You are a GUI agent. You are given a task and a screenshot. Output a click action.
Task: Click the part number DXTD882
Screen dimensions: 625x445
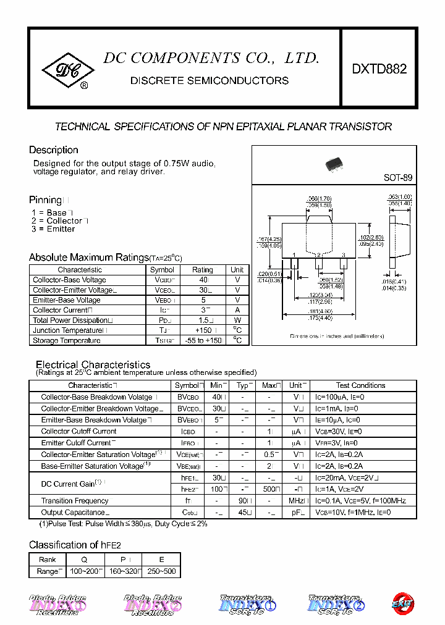379,70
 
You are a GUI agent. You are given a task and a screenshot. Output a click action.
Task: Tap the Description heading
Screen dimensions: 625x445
54,150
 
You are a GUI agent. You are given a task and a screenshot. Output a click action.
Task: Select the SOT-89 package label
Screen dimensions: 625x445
397,177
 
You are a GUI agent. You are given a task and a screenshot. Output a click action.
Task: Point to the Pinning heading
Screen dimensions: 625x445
46,200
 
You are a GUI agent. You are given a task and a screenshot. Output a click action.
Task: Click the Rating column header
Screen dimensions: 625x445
202,270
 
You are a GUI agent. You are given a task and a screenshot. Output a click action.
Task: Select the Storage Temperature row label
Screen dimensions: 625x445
67,340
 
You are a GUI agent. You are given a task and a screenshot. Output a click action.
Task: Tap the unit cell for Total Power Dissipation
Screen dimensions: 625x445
237,321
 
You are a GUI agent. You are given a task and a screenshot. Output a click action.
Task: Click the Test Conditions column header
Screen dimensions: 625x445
360,385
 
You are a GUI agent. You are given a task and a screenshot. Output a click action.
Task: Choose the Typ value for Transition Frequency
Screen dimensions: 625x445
244,501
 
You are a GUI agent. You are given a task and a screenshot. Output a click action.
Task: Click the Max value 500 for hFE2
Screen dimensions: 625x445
269,489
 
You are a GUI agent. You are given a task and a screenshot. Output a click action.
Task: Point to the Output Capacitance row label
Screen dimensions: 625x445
74,513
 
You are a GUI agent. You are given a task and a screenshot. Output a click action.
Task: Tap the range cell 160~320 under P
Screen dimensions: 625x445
123,572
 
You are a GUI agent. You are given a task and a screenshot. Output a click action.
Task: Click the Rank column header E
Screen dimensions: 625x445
162,560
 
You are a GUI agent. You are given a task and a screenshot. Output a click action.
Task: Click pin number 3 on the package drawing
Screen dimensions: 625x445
343,254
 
